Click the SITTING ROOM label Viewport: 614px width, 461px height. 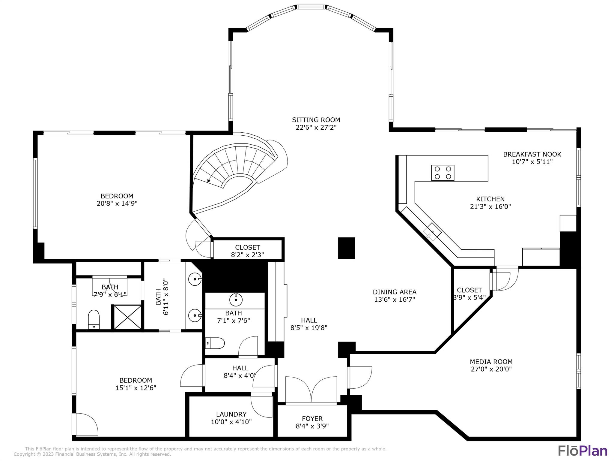click(316, 120)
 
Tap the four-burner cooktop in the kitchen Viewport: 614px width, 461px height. click(443, 173)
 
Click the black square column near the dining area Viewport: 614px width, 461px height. click(347, 248)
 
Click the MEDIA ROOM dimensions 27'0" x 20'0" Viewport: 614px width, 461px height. click(491, 369)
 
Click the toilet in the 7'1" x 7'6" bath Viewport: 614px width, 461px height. click(215, 343)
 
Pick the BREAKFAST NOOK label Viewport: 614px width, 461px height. click(532, 154)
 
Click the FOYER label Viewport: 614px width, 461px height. click(312, 419)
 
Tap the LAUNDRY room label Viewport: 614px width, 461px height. click(231, 414)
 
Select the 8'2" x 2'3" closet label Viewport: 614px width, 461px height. click(247, 255)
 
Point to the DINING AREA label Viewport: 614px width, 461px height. click(395, 292)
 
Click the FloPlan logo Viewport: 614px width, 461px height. click(582, 451)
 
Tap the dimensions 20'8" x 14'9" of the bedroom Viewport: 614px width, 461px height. click(117, 203)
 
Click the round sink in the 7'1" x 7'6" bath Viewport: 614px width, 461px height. click(236, 300)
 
